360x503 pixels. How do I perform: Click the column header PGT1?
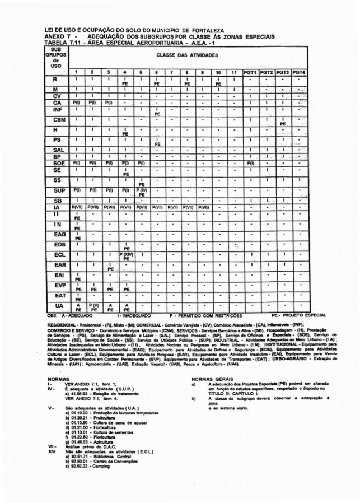tap(251, 73)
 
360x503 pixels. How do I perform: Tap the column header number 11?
tap(234, 73)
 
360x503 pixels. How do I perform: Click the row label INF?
tap(56, 110)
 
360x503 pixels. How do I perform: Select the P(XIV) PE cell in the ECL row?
tap(125, 257)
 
